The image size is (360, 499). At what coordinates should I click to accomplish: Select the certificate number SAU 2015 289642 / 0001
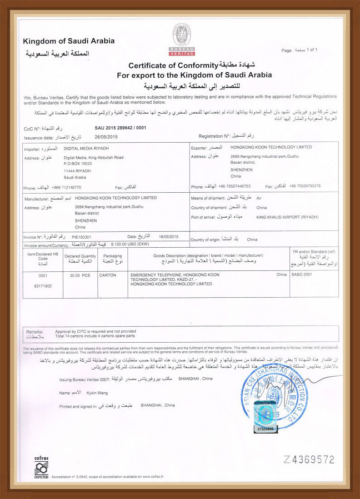[120, 128]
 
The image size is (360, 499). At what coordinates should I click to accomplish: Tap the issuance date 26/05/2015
[106, 136]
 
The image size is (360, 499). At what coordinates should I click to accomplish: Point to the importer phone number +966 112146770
[66, 187]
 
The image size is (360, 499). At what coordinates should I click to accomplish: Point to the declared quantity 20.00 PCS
[80, 275]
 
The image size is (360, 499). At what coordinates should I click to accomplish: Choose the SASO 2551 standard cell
[303, 275]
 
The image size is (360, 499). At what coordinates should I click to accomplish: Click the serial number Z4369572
[310, 459]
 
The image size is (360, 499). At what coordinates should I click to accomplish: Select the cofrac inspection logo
[41, 466]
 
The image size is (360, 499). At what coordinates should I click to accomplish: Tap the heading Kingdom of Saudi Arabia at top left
[69, 41]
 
